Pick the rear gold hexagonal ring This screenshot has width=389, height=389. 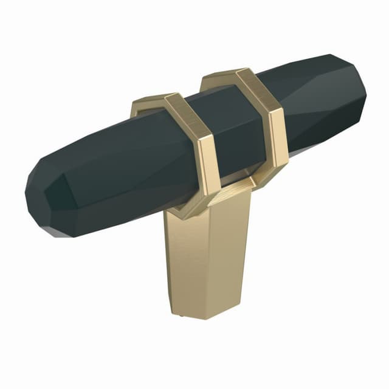coord(261,122)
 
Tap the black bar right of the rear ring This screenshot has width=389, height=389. coord(316,103)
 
